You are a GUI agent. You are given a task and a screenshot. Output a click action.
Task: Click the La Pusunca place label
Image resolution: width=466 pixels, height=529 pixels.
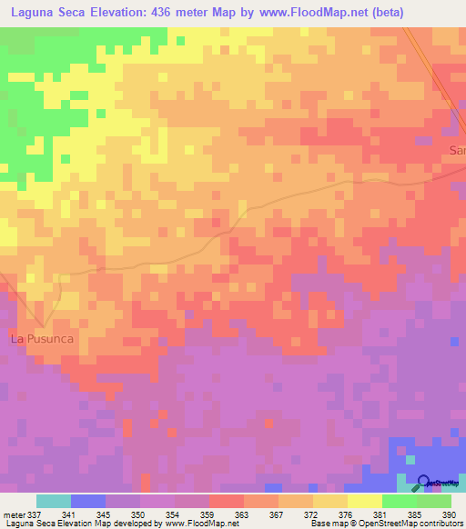pos(41,339)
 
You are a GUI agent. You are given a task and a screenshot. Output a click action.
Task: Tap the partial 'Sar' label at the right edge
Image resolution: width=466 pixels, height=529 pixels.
pos(457,150)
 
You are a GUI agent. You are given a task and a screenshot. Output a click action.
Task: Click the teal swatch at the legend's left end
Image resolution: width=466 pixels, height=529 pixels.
pos(53,501)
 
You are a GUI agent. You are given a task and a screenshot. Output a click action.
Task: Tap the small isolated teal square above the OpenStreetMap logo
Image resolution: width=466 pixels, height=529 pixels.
pos(410,459)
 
